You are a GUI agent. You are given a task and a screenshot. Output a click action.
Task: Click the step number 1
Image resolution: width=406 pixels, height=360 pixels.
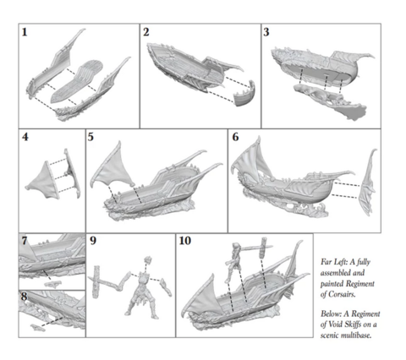[25, 32]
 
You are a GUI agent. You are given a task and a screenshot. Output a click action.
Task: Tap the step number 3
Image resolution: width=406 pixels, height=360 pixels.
[266, 32]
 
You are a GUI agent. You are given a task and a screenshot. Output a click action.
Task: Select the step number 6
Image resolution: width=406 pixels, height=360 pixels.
[235, 137]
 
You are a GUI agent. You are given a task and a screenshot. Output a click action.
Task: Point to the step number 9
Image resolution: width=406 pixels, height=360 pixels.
[93, 241]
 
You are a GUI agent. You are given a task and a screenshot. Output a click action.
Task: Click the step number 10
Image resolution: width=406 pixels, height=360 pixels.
[185, 241]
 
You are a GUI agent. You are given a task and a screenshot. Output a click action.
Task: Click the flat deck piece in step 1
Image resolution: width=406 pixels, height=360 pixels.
[77, 82]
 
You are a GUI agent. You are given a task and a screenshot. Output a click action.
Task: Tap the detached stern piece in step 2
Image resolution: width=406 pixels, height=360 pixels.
[244, 94]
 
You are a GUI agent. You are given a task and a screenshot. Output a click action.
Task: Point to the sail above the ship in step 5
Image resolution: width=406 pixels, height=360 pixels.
[112, 166]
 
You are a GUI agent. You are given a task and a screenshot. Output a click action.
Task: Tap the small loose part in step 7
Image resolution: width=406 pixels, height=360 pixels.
[53, 284]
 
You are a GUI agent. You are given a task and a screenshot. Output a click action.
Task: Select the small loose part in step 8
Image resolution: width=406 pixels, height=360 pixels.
[38, 327]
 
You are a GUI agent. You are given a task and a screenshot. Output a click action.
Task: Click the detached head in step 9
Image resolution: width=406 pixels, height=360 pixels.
[148, 259]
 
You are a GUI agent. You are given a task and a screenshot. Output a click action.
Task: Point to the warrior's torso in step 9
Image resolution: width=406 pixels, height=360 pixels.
[144, 281]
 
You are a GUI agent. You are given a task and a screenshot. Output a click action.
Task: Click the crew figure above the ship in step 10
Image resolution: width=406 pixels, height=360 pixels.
[234, 262]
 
